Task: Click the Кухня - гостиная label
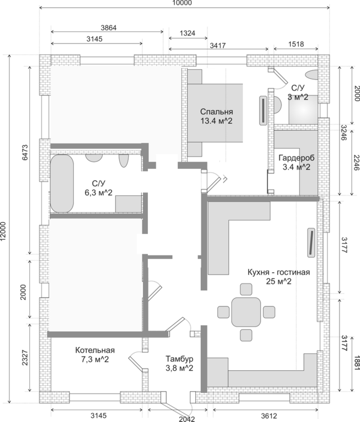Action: click(278, 272)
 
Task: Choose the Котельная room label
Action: click(94, 349)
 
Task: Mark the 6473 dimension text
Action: click(25, 151)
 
